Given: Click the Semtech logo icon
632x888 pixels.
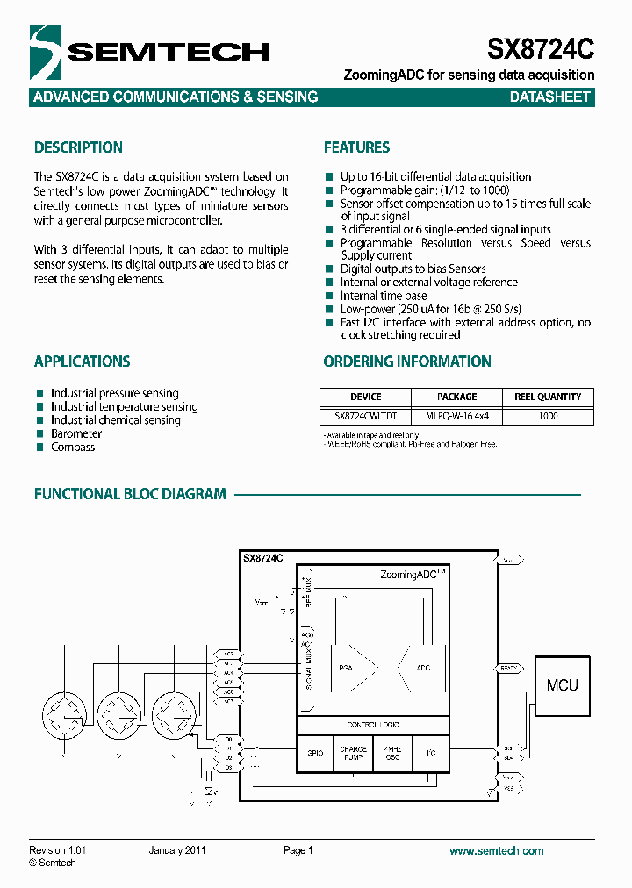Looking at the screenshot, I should click(46, 52).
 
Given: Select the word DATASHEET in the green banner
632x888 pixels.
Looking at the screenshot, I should click(550, 97).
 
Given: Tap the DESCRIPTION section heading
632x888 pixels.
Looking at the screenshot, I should click(78, 147).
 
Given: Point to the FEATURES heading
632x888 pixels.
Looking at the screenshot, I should click(356, 147).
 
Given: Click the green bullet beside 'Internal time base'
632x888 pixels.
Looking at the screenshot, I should click(329, 296).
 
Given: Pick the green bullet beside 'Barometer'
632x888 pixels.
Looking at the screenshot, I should click(39, 433).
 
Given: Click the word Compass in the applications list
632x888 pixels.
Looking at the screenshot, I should click(73, 448).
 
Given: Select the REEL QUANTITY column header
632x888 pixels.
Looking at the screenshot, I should click(548, 397).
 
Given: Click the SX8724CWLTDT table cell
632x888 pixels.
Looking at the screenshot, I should click(366, 416).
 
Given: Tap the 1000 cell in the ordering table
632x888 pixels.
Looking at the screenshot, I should click(548, 416).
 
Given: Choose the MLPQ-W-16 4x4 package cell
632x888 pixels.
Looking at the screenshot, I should click(456, 416).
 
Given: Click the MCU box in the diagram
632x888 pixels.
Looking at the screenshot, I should click(563, 685).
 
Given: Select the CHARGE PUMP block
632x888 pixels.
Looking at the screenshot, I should click(354, 753).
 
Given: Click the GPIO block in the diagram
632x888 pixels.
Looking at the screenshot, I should click(316, 753).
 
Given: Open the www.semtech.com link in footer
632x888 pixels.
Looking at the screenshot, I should click(497, 850).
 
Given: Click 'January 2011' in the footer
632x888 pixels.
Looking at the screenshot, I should click(177, 850).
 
